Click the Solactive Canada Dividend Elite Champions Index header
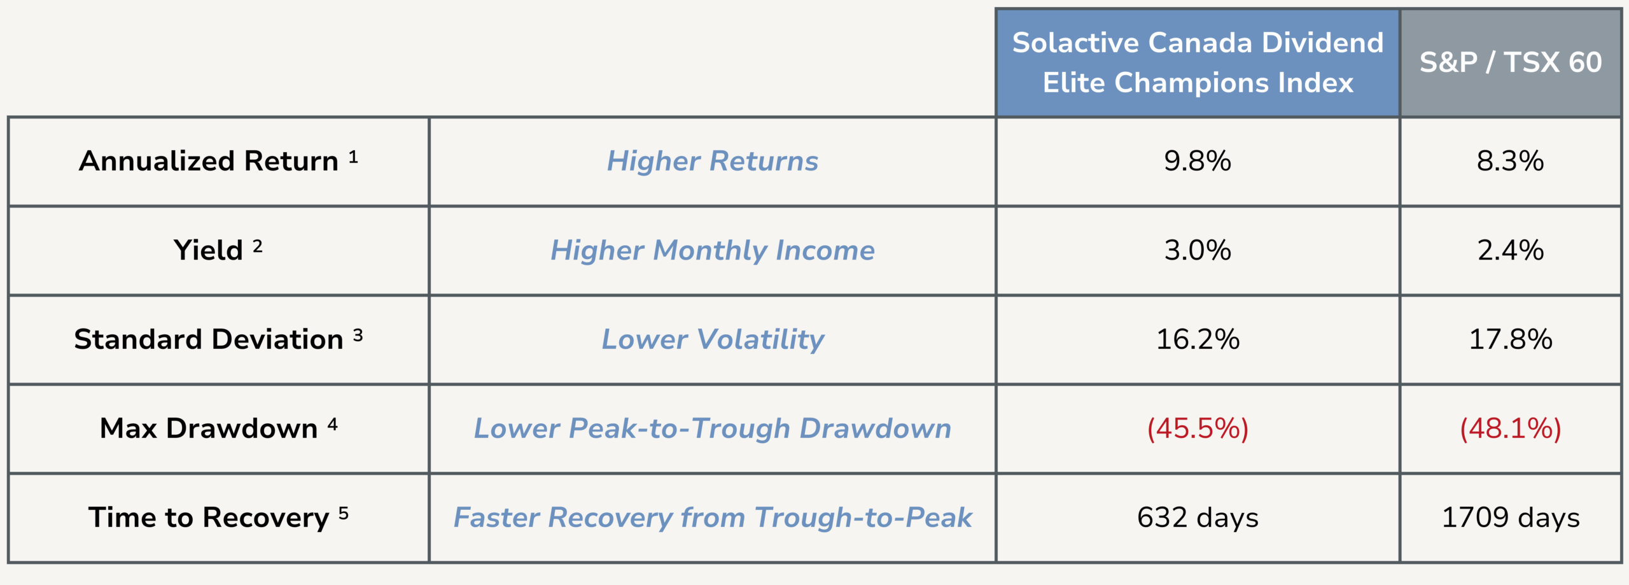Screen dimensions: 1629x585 [x=1198, y=62]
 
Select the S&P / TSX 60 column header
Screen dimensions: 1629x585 [x=1511, y=62]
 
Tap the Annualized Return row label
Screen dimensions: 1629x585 [x=218, y=160]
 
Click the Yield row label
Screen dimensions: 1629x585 [x=218, y=250]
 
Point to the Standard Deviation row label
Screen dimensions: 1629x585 [x=218, y=339]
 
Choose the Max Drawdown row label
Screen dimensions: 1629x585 [x=218, y=428]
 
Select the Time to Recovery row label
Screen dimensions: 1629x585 [x=218, y=517]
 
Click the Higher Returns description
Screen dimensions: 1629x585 [x=713, y=161]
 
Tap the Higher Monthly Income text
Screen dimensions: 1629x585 [x=713, y=251]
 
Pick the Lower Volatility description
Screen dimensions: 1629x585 [x=713, y=340]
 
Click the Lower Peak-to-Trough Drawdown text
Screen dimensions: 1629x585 [x=713, y=428]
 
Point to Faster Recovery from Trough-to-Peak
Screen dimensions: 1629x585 [x=713, y=518]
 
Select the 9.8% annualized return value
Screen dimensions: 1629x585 [x=1198, y=161]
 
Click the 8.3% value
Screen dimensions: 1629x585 [x=1511, y=161]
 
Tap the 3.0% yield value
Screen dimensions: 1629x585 [x=1198, y=250]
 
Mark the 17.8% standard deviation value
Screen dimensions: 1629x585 [x=1511, y=339]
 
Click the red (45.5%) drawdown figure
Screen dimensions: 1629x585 [x=1198, y=428]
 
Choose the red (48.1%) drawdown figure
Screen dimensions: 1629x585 [x=1511, y=428]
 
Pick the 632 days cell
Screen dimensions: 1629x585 [x=1198, y=518]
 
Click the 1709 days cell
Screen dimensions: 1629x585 [x=1511, y=518]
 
